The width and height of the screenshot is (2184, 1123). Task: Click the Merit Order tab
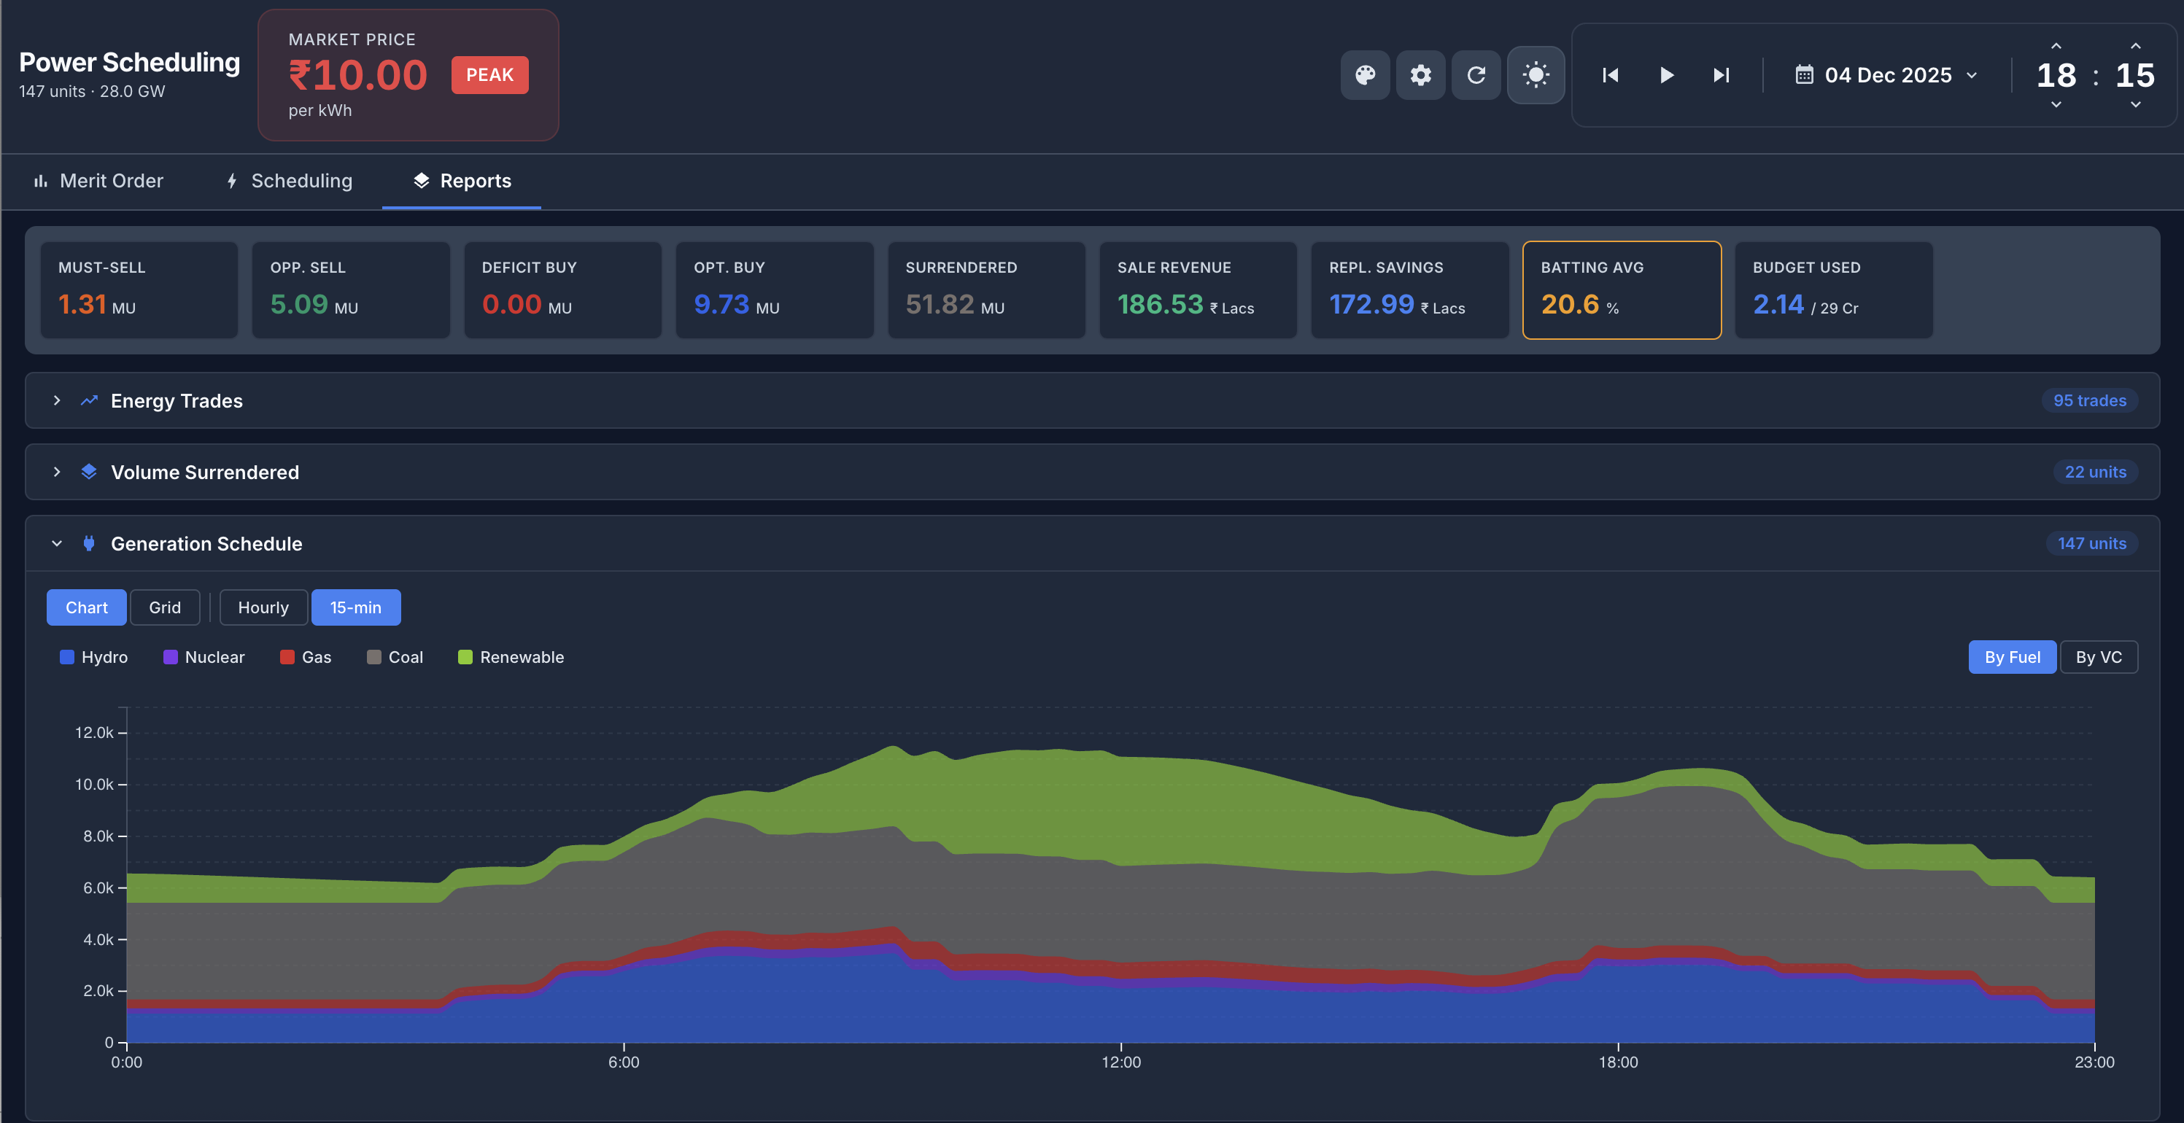tap(98, 181)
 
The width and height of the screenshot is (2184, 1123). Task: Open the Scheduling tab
tap(289, 181)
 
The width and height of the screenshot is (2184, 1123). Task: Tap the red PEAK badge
tap(489, 74)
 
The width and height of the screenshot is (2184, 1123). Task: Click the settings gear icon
tap(1420, 74)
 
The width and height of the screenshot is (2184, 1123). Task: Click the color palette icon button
tap(1364, 74)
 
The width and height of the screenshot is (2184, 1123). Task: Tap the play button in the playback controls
tap(1666, 74)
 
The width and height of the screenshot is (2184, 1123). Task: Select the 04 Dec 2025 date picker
tap(1887, 74)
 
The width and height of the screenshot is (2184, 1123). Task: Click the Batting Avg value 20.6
tap(1569, 304)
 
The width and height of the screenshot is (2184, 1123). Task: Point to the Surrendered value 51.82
tap(940, 304)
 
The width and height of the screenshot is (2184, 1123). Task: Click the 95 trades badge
tap(2088, 400)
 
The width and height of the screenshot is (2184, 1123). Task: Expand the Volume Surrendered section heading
tap(204, 472)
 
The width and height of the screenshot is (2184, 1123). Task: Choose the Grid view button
tap(164, 607)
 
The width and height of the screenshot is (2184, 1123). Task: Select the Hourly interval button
tap(263, 607)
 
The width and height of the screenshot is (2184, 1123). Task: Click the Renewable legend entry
tap(511, 657)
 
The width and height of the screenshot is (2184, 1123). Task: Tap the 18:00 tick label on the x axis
tap(1618, 1062)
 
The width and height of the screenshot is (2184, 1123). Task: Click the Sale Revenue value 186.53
tap(1160, 304)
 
